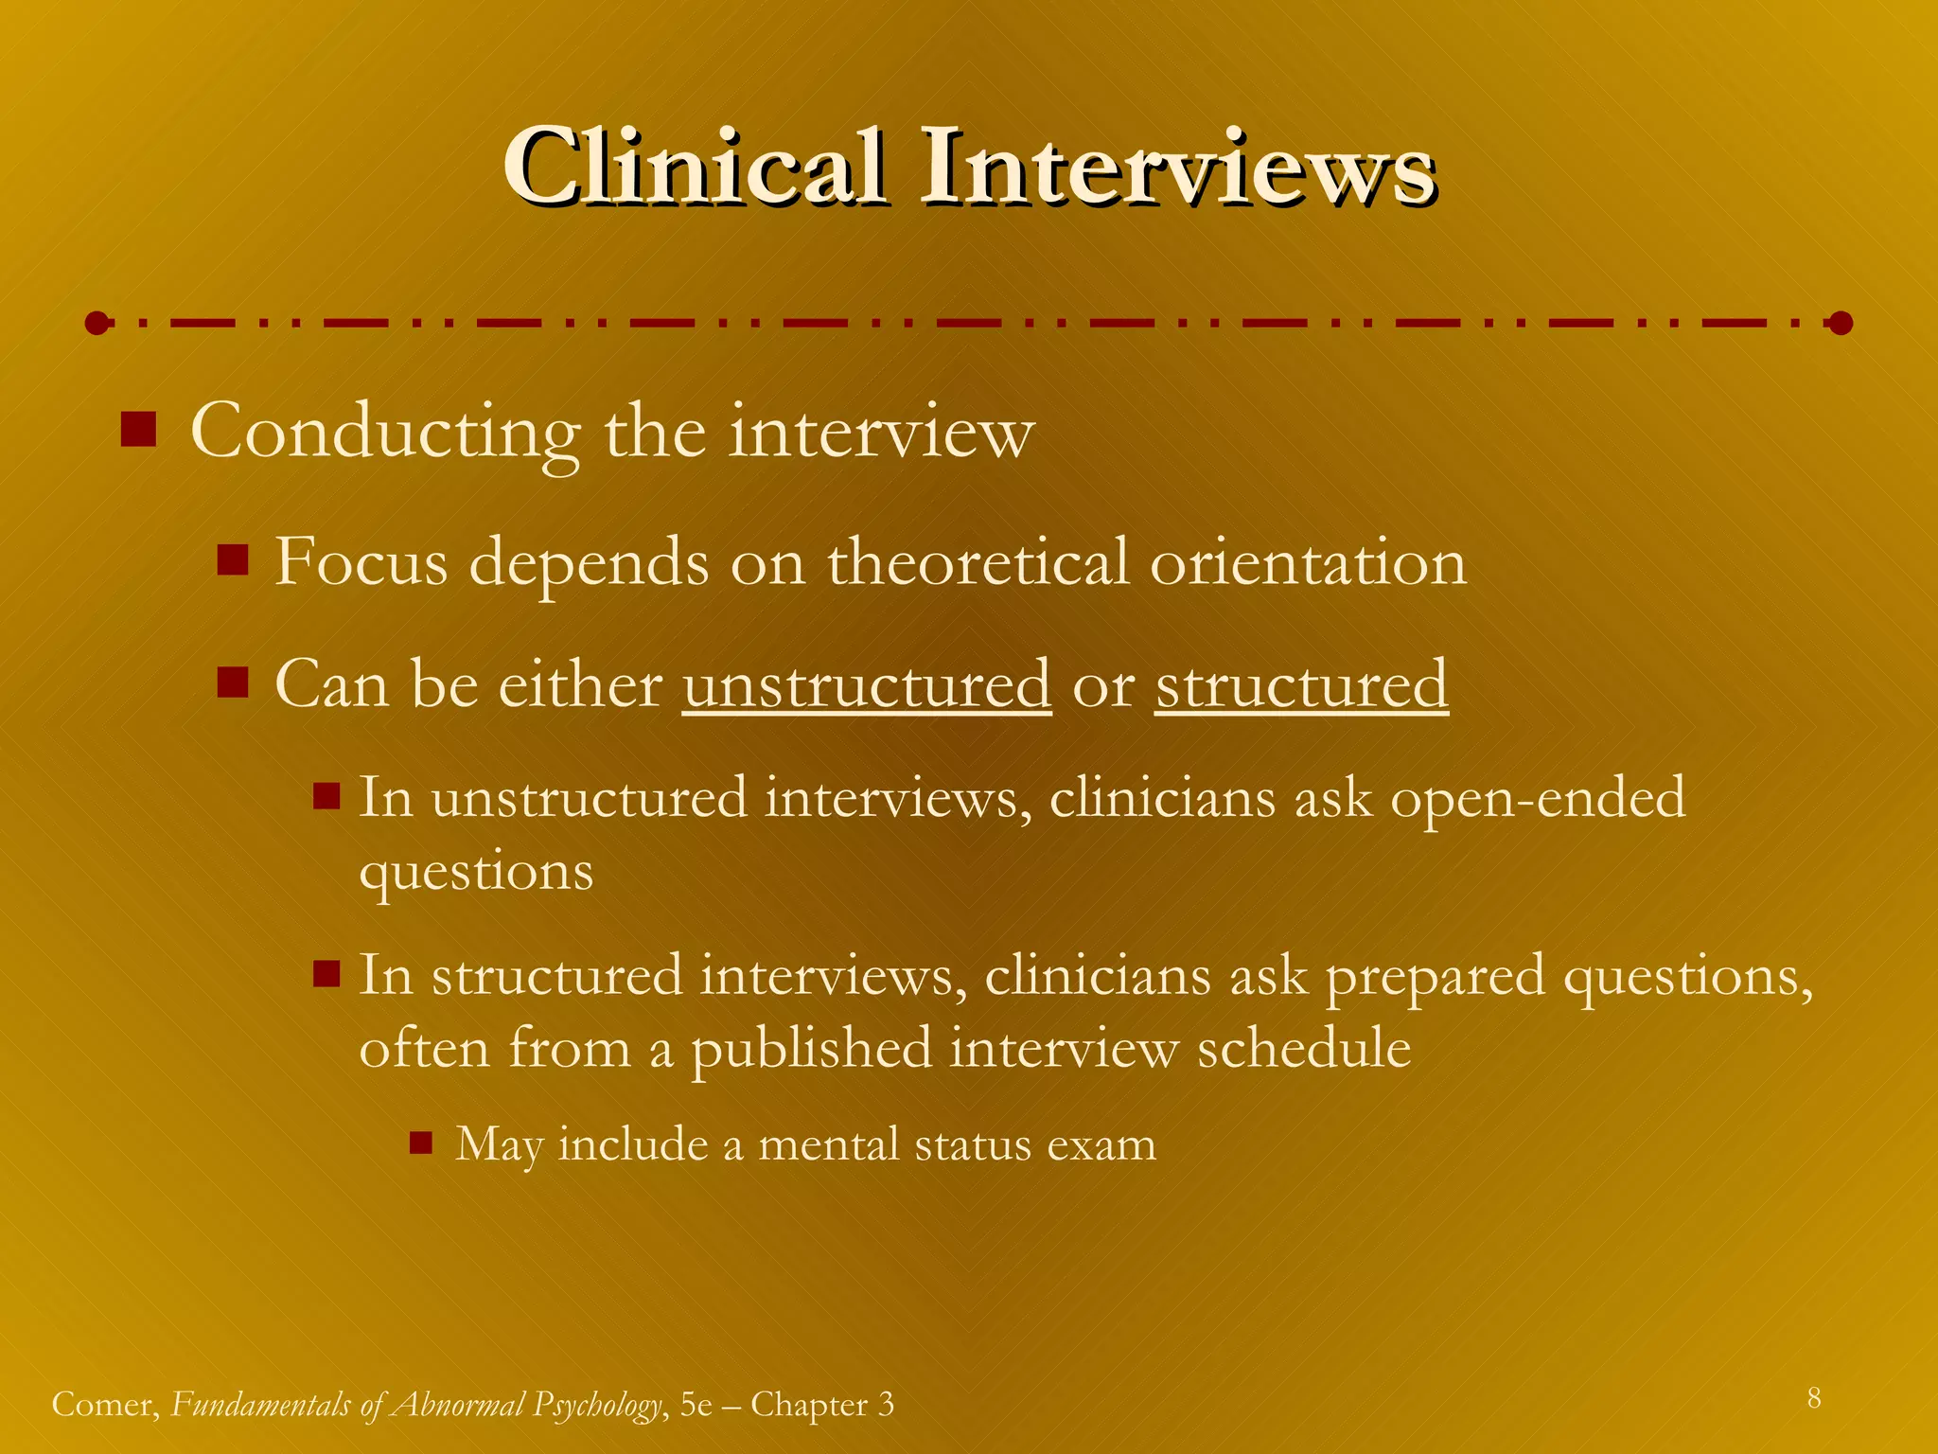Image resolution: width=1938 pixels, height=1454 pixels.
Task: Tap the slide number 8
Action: (1813, 1398)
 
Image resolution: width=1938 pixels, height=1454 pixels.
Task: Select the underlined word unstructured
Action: (867, 684)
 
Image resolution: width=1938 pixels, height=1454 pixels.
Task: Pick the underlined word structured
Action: (1301, 684)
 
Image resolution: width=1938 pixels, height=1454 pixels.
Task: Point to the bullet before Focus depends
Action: (232, 559)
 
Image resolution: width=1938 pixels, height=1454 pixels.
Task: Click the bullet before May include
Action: (421, 1144)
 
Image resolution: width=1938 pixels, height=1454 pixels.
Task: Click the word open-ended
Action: (1538, 797)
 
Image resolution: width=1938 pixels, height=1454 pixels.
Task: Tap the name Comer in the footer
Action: (105, 1405)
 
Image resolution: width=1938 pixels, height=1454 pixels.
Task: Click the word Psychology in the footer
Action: (597, 1405)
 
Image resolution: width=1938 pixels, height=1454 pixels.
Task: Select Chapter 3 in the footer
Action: (822, 1405)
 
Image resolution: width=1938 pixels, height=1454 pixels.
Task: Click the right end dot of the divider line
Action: (1840, 324)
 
